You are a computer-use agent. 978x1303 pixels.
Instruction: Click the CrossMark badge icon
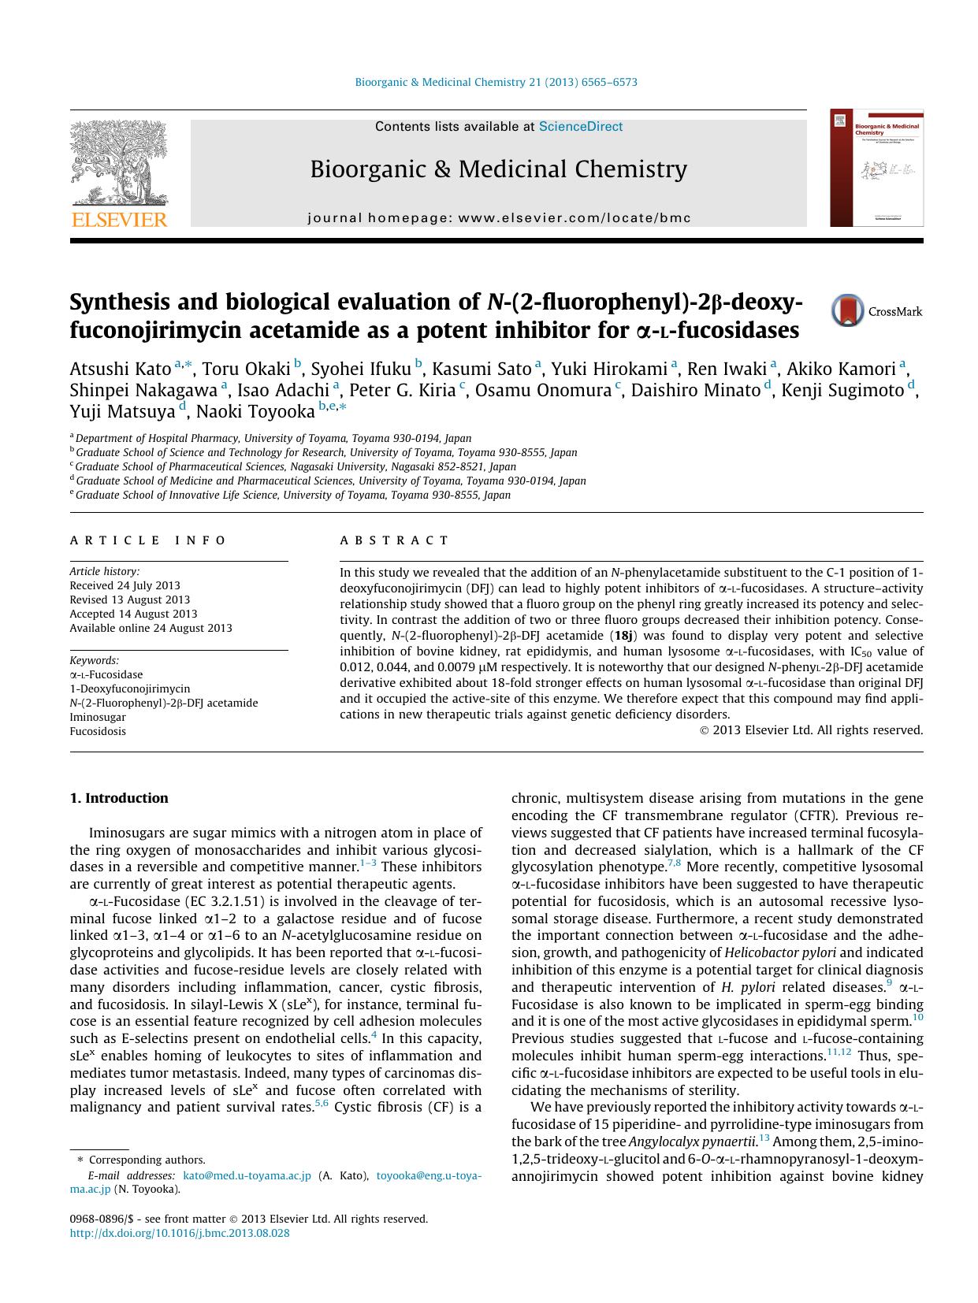pyautogui.click(x=848, y=310)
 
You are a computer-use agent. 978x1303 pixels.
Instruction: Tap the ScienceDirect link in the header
pyautogui.click(x=580, y=127)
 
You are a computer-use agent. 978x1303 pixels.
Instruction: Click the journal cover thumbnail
pyautogui.click(x=876, y=168)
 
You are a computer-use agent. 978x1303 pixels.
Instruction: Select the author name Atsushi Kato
pyautogui.click(x=121, y=369)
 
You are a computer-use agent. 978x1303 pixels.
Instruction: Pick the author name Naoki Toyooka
pyautogui.click(x=255, y=410)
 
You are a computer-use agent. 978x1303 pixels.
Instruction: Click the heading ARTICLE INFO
pyautogui.click(x=148, y=540)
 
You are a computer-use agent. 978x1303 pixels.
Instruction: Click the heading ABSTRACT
pyautogui.click(x=394, y=540)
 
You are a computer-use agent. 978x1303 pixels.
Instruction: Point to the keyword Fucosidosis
pyautogui.click(x=98, y=731)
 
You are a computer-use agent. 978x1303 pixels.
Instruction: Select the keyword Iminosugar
pyautogui.click(x=98, y=717)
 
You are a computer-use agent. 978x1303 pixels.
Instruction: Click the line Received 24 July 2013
pyautogui.click(x=125, y=585)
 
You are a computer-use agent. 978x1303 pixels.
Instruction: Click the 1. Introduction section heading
pyautogui.click(x=119, y=798)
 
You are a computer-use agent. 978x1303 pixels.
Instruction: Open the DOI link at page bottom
pyautogui.click(x=180, y=1233)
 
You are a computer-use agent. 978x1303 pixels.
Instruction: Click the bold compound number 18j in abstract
pyautogui.click(x=622, y=636)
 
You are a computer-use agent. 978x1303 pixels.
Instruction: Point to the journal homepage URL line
pyautogui.click(x=499, y=217)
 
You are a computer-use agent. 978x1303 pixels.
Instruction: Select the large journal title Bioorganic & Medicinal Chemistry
pyautogui.click(x=498, y=169)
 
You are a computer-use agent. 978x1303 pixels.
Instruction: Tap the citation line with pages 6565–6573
pyautogui.click(x=496, y=82)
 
